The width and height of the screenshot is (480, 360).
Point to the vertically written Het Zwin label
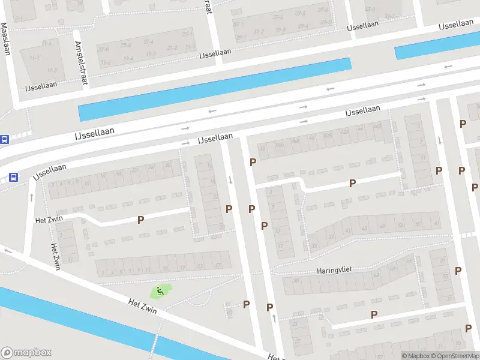tap(56, 256)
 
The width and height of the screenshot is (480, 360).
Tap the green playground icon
tap(160, 292)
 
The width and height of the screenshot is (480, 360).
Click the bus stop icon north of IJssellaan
tap(4, 140)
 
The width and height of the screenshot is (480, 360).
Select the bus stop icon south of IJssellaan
tap(13, 177)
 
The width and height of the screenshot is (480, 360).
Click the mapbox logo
tap(26, 352)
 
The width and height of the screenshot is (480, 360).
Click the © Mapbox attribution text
tap(415, 356)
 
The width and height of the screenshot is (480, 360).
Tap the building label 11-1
tap(47, 43)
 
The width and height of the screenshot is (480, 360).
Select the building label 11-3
tap(52, 71)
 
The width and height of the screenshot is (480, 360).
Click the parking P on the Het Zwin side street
tap(140, 220)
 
